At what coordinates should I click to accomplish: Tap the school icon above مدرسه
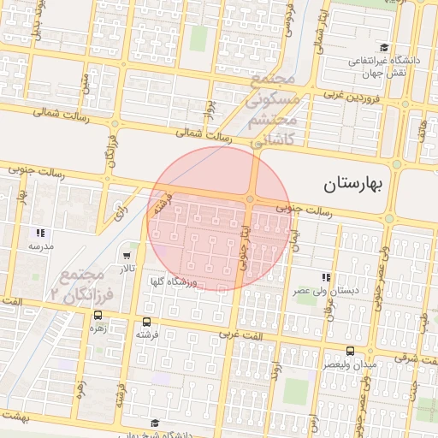[x=39, y=233]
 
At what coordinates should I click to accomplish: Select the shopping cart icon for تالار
[x=127, y=255]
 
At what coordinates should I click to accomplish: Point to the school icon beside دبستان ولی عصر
[x=326, y=277]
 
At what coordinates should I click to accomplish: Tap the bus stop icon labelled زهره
[x=97, y=317]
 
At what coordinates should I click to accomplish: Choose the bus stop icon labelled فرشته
[x=146, y=323]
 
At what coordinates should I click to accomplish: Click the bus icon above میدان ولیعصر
[x=350, y=351]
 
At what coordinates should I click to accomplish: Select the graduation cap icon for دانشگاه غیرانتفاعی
[x=385, y=48]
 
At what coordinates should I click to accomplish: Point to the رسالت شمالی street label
[x=204, y=135]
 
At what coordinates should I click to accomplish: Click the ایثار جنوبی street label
[x=246, y=245]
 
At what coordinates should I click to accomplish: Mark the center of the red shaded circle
[x=220, y=218]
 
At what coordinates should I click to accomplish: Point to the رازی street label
[x=121, y=208]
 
